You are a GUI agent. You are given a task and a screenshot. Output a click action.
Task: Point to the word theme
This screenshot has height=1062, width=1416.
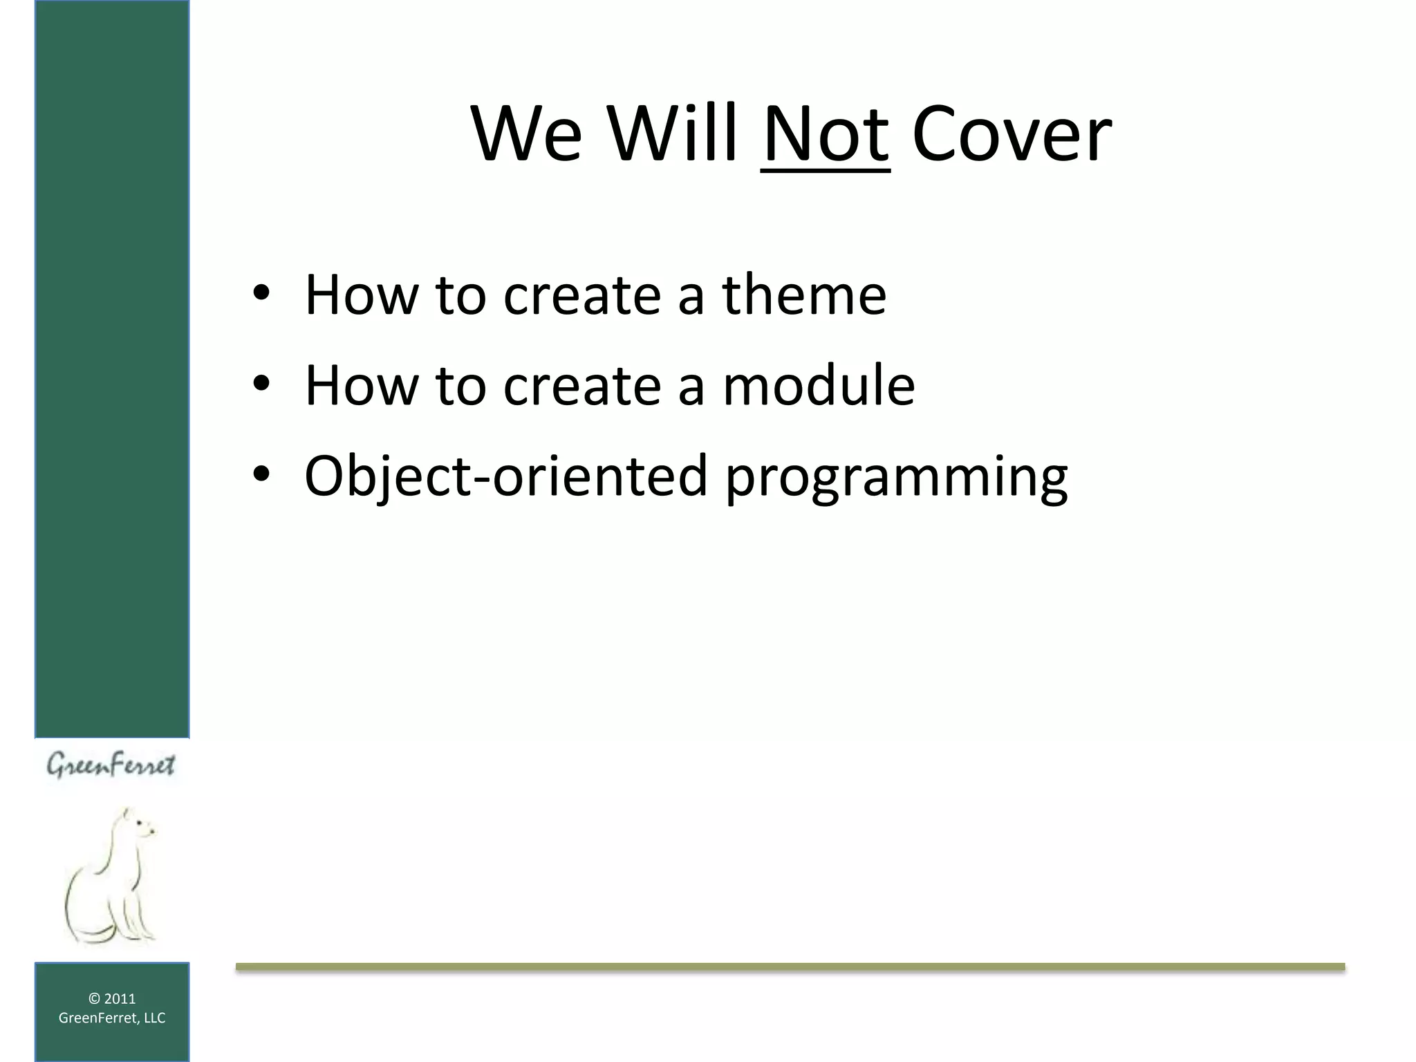tap(804, 295)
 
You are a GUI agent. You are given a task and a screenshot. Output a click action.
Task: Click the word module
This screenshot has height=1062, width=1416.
tap(819, 385)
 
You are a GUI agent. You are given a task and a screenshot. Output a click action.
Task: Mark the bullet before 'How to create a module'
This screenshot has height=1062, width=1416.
tap(261, 385)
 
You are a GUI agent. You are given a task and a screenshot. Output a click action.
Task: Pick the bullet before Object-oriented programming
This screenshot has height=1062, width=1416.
tap(261, 476)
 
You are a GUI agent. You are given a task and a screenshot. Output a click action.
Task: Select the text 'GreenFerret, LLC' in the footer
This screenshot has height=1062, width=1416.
tap(112, 1018)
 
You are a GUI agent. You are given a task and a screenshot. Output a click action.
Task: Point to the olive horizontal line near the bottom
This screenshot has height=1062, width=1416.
tap(790, 967)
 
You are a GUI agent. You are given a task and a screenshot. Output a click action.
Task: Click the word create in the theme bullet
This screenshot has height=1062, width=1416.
tap(581, 295)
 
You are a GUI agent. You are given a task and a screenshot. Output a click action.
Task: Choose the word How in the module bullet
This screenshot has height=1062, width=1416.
tap(361, 385)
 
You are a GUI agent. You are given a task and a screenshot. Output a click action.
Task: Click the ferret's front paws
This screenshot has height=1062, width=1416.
tap(142, 933)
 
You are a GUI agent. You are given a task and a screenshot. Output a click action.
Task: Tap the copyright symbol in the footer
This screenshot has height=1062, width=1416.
tap(95, 998)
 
